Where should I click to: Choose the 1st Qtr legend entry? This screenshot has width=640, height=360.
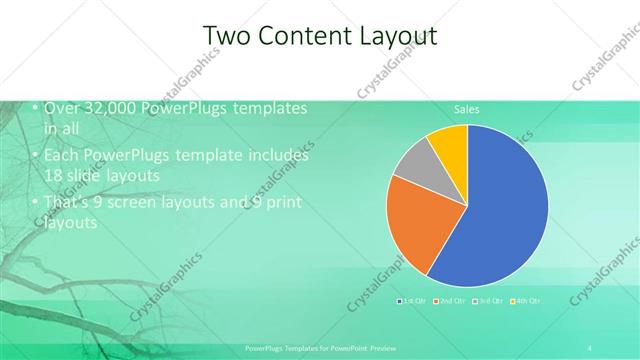coord(414,300)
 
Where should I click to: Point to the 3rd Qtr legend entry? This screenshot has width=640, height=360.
coord(489,300)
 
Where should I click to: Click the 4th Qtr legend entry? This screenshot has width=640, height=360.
coord(527,300)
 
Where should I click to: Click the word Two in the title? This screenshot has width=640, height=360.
coord(226,36)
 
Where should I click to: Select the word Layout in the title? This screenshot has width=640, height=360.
coord(403,36)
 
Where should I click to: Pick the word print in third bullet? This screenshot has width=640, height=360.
coord(282,204)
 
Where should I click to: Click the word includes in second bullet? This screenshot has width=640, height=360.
coord(277,156)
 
